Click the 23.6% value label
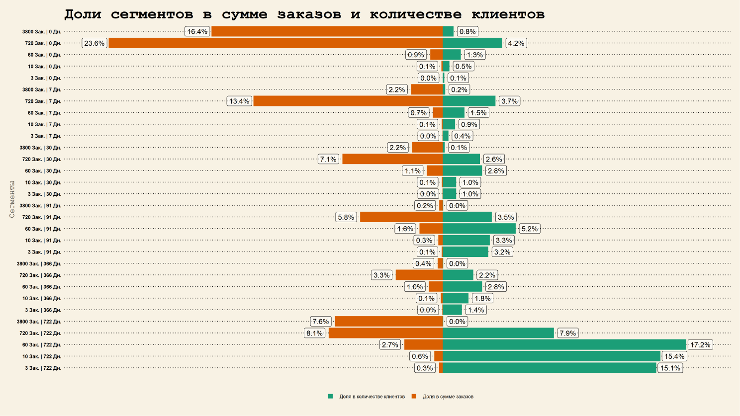94,43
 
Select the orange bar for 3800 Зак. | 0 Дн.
327,31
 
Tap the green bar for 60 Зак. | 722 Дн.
564,344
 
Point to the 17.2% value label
700,344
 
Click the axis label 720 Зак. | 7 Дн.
43,101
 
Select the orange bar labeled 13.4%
348,101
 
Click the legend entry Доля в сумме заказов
448,397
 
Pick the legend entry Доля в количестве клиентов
371,397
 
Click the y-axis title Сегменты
12,199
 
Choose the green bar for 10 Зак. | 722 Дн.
551,356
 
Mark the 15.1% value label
670,368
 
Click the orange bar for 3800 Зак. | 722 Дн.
388,322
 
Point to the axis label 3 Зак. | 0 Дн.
46,78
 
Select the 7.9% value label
567,333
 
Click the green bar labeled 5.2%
479,229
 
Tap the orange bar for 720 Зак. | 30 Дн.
392,159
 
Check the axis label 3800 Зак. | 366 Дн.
39,264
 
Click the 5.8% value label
346,217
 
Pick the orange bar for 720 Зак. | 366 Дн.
419,275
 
